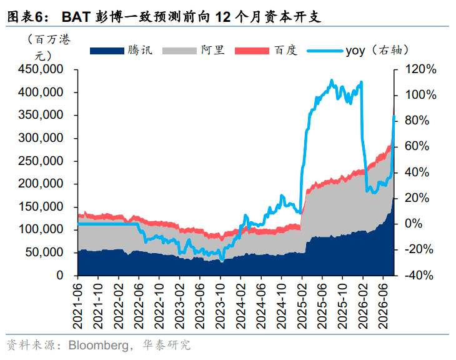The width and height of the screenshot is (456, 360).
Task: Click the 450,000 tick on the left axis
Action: point(41,69)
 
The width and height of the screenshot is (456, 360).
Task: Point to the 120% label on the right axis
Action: point(420,69)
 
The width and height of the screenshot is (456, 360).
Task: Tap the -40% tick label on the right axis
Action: point(419,275)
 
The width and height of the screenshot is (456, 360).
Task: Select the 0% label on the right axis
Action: point(414,224)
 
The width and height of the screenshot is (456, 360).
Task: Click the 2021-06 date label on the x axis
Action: point(77,306)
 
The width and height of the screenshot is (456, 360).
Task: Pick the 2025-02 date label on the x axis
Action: point(302,306)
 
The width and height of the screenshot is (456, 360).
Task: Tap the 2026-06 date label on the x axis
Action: point(384,306)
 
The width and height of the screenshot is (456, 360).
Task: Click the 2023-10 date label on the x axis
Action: point(220,306)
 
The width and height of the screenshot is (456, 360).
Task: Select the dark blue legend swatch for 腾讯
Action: point(107,51)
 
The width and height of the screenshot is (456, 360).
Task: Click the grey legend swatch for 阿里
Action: point(179,51)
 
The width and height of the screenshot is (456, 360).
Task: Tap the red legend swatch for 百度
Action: point(252,51)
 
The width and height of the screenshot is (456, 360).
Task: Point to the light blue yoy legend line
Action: point(325,51)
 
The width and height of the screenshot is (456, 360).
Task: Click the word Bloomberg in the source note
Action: point(98,346)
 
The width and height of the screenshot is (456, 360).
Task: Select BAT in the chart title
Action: point(76,17)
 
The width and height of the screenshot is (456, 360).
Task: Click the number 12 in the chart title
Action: point(223,17)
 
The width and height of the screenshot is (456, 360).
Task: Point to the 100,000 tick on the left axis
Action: point(41,229)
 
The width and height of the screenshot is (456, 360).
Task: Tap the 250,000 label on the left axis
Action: point(41,161)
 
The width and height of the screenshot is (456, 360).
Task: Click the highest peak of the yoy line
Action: point(332,80)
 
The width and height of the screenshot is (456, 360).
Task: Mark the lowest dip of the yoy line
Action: point(222,260)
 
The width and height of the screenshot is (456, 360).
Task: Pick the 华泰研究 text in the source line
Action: point(166,346)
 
